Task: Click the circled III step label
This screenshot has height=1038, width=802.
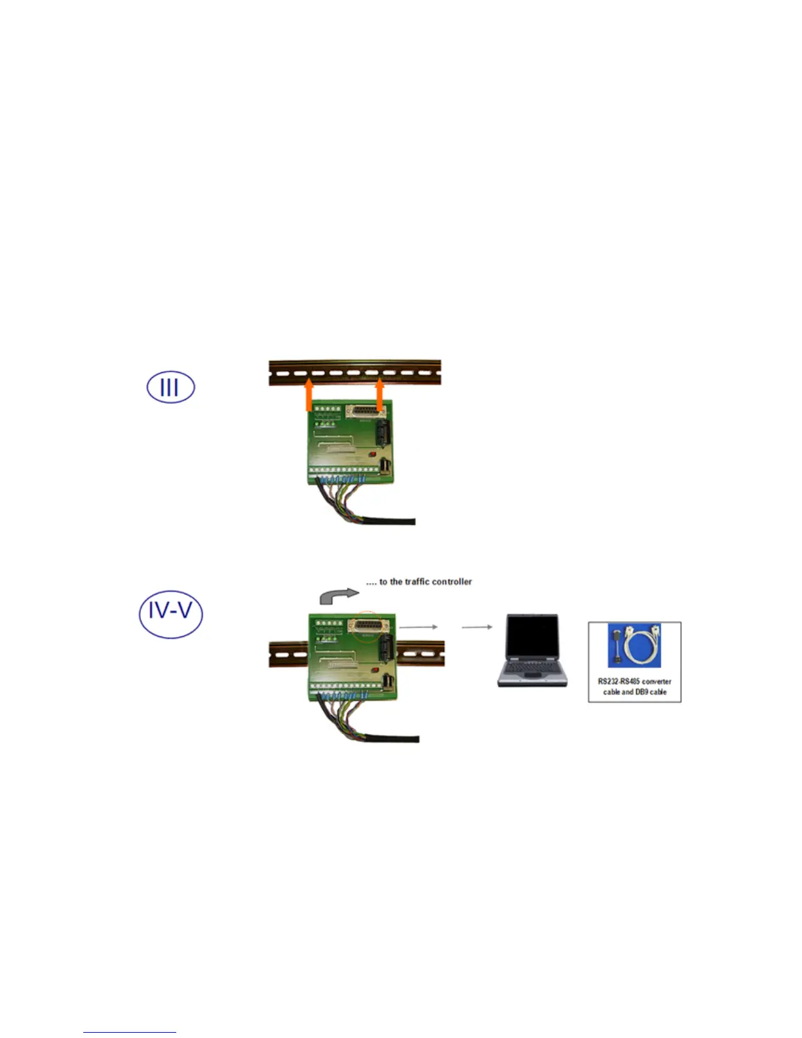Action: pyautogui.click(x=170, y=387)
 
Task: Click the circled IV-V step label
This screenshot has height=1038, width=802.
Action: pyautogui.click(x=170, y=613)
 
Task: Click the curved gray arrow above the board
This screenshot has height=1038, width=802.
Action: pyautogui.click(x=338, y=596)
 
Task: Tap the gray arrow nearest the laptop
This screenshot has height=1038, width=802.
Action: pyautogui.click(x=477, y=627)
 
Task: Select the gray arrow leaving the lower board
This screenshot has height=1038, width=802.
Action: pyautogui.click(x=418, y=627)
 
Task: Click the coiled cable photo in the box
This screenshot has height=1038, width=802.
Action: pyautogui.click(x=634, y=645)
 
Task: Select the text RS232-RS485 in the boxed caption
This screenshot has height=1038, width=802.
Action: pyautogui.click(x=619, y=682)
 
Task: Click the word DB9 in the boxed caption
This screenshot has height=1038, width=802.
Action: pyautogui.click(x=641, y=692)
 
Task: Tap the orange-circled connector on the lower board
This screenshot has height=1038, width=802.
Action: pyautogui.click(x=370, y=626)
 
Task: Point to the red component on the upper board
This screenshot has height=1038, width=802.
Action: pyautogui.click(x=371, y=454)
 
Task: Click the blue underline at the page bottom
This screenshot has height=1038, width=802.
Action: pyautogui.click(x=129, y=1033)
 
